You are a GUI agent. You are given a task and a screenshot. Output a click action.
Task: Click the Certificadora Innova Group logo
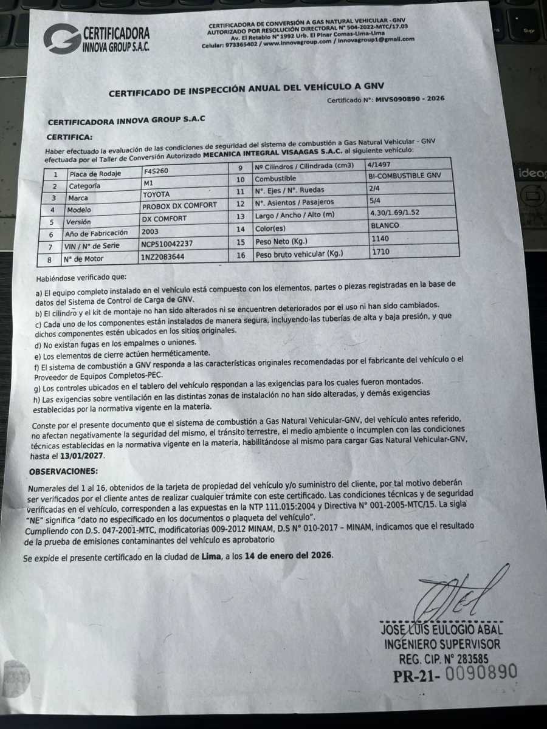point(96,38)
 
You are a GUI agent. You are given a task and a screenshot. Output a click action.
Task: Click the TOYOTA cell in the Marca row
point(156,195)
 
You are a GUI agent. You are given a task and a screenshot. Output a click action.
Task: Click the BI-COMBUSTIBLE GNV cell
point(403,176)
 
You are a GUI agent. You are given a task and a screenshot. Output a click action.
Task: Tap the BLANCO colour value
point(385,225)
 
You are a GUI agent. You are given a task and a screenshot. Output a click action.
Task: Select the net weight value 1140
point(380,239)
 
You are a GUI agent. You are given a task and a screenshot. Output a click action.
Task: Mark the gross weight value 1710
point(381,251)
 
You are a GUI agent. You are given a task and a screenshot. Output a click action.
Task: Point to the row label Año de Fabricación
point(98,232)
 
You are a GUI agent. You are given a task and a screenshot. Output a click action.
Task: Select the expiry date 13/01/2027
point(81,456)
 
